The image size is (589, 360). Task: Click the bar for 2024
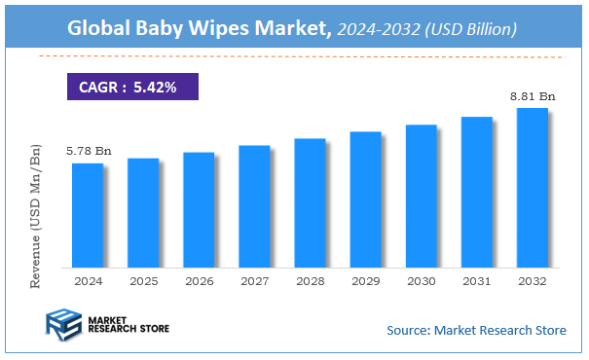[87, 215]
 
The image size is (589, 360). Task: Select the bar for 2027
[254, 206]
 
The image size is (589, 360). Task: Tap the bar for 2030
[422, 196]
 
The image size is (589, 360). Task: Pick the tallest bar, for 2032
[533, 187]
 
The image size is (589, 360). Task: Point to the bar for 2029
[366, 199]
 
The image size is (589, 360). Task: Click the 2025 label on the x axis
[142, 281]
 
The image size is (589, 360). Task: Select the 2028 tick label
[310, 281]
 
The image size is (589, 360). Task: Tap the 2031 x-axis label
[477, 281]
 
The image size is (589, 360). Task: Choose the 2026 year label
[198, 281]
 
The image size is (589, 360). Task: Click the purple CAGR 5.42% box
[132, 87]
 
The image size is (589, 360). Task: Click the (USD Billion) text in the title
[468, 30]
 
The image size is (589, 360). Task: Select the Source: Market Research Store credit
[476, 330]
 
